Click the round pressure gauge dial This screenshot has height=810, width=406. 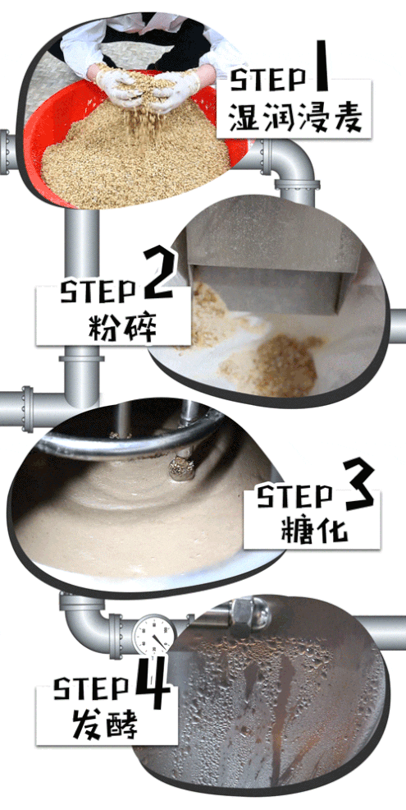153,634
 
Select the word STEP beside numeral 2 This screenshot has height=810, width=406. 98,292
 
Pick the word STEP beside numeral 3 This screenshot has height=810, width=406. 294,497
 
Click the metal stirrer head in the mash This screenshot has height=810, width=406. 182,468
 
